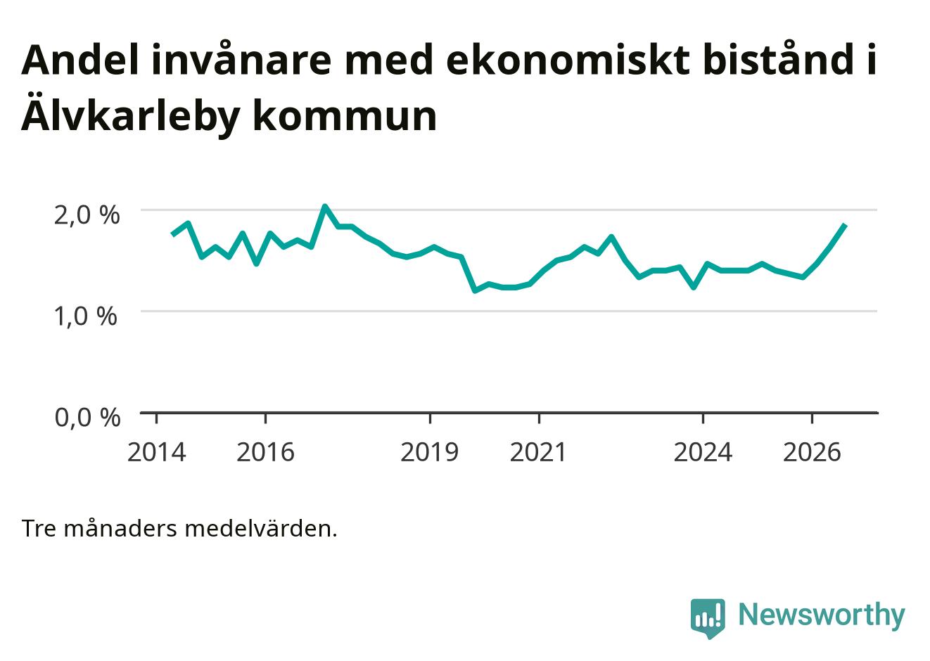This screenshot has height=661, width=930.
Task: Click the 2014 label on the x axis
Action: coord(156,452)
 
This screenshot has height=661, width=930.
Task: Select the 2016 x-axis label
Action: coord(266,452)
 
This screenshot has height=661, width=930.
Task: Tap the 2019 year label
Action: coord(430,452)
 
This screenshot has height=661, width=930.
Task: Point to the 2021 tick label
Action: coord(538,452)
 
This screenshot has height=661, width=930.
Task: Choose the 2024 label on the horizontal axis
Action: coord(703,452)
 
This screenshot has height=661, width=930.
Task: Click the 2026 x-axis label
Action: coord(812,452)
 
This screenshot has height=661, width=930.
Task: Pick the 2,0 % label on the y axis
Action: coord(87,215)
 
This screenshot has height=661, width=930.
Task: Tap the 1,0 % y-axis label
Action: coord(87,316)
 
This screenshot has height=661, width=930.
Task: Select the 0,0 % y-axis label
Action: coord(88,418)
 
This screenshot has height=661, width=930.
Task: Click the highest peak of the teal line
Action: coord(325,206)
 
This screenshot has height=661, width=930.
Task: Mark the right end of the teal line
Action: coord(845,225)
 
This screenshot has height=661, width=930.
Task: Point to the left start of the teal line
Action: coord(173,235)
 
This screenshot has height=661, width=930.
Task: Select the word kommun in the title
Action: coord(345,116)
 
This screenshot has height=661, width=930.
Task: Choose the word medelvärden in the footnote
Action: coord(261,529)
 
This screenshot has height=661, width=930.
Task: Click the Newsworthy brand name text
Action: coord(822,615)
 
